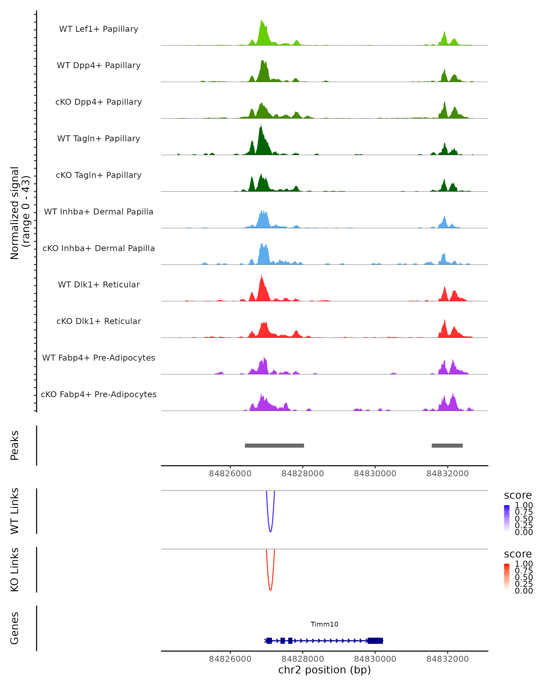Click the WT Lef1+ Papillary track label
click(x=99, y=29)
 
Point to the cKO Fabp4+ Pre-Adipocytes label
click(x=99, y=394)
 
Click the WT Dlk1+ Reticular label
click(x=99, y=284)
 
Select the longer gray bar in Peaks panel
click(x=274, y=445)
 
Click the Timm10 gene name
click(x=324, y=624)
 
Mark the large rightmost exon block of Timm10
click(x=375, y=641)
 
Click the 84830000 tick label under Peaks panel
click(x=375, y=474)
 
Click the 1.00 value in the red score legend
click(x=524, y=564)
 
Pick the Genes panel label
click(x=15, y=628)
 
